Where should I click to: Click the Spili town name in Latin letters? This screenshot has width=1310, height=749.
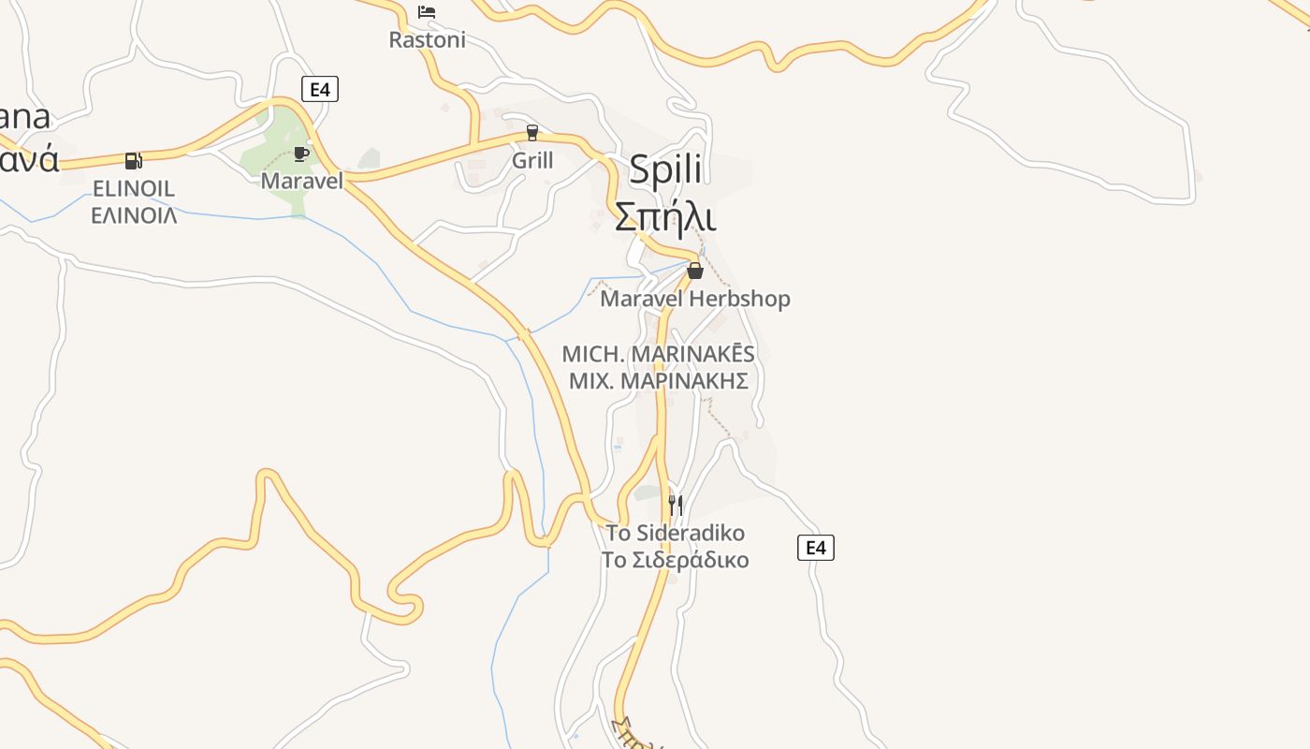(665, 169)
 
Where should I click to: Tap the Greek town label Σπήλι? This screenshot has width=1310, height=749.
(665, 216)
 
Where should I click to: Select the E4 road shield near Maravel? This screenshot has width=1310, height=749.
(320, 89)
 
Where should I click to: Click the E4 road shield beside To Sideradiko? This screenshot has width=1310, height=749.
(816, 548)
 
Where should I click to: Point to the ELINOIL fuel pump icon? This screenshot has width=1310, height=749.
(134, 161)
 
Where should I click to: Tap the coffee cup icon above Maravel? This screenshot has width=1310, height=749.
(301, 154)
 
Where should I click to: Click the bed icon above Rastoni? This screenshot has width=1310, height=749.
(427, 12)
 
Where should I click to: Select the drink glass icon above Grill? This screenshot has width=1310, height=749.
(532, 133)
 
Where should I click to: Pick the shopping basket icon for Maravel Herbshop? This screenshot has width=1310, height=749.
(695, 271)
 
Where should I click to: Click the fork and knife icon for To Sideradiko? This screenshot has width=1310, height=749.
(676, 506)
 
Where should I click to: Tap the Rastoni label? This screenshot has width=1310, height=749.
(427, 40)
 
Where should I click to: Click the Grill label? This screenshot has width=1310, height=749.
(532, 161)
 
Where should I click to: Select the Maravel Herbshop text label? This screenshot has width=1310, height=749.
(695, 299)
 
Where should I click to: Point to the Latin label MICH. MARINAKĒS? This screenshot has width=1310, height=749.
(658, 355)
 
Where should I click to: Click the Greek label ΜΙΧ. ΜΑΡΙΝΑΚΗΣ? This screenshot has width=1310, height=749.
(658, 381)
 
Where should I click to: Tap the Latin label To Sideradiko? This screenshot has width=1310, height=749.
(676, 534)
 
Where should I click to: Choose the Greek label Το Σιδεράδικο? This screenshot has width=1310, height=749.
(676, 560)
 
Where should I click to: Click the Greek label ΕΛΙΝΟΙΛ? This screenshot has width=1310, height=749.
(134, 215)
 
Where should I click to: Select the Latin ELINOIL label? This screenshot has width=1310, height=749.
(134, 189)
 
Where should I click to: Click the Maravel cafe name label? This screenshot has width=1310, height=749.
(301, 181)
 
